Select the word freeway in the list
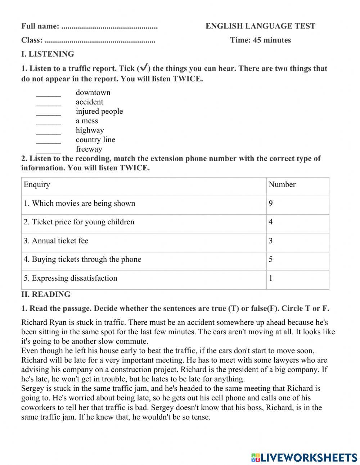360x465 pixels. click(x=89, y=149)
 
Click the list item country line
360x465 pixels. click(x=95, y=140)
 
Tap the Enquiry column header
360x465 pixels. click(x=37, y=185)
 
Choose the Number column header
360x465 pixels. click(x=282, y=185)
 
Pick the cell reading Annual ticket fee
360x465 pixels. click(x=56, y=241)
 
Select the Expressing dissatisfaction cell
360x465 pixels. click(x=71, y=278)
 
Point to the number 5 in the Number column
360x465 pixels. click(x=271, y=260)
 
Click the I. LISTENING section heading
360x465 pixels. click(x=48, y=54)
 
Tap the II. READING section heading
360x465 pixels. click(x=46, y=295)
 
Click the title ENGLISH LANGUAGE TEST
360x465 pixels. click(x=260, y=26)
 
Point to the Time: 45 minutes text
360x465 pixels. click(x=260, y=40)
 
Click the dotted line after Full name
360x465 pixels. click(x=109, y=27)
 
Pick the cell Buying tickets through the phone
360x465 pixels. click(x=82, y=260)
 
